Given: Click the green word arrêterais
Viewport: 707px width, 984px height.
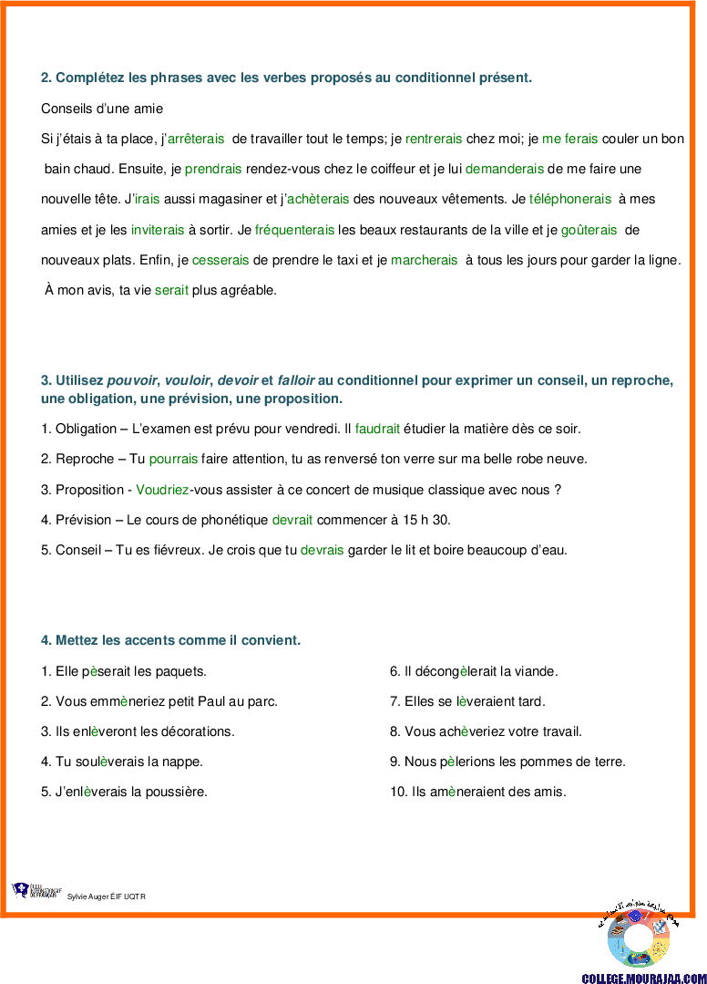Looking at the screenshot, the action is click(x=196, y=139).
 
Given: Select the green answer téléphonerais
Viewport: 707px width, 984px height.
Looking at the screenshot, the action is click(x=570, y=199).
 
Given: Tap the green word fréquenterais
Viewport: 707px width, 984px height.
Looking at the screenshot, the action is click(x=294, y=230).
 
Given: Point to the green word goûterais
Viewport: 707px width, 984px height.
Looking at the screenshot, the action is click(x=589, y=230).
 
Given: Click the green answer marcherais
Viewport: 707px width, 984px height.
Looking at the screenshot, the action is click(x=425, y=260).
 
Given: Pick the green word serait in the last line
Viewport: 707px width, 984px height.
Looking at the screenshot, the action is click(x=171, y=290).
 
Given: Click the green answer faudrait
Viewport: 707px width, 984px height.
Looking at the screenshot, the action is click(x=377, y=429).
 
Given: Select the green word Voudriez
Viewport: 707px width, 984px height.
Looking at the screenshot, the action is click(x=162, y=490).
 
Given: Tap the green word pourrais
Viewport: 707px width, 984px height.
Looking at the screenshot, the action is click(x=174, y=459).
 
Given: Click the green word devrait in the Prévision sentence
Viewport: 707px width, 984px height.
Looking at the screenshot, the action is click(x=292, y=520).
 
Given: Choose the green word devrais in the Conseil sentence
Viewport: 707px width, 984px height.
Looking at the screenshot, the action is click(x=323, y=550).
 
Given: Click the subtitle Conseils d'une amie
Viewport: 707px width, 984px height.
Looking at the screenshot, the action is click(x=102, y=109).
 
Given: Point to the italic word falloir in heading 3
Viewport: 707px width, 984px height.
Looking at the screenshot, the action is click(x=296, y=380).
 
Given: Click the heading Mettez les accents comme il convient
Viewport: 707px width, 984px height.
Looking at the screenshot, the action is click(x=170, y=640).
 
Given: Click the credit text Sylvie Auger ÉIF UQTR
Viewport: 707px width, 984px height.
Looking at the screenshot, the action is click(x=107, y=896).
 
